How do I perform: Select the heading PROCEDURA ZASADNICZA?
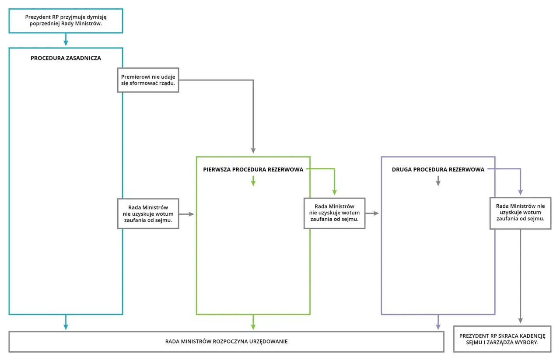coord(66,58)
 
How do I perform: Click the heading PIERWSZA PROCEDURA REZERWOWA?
coord(253,169)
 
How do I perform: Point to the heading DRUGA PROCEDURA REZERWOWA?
coord(438,169)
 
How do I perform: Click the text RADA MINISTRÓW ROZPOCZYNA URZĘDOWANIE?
coord(226,342)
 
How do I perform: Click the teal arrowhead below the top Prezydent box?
coord(66,43)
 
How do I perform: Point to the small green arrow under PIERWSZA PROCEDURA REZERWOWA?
coord(253,181)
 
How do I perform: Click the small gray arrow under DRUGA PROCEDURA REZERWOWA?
coord(438,181)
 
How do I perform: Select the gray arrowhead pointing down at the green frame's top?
coord(253,150)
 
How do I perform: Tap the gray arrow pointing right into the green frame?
coord(186,214)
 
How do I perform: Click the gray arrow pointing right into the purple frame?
coord(372,213)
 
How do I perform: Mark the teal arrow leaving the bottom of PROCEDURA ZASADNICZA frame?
coord(66,322)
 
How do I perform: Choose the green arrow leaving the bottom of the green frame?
coord(253,322)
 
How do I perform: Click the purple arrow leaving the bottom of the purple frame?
coord(438,322)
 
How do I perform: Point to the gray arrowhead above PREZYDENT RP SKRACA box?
coord(521,321)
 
